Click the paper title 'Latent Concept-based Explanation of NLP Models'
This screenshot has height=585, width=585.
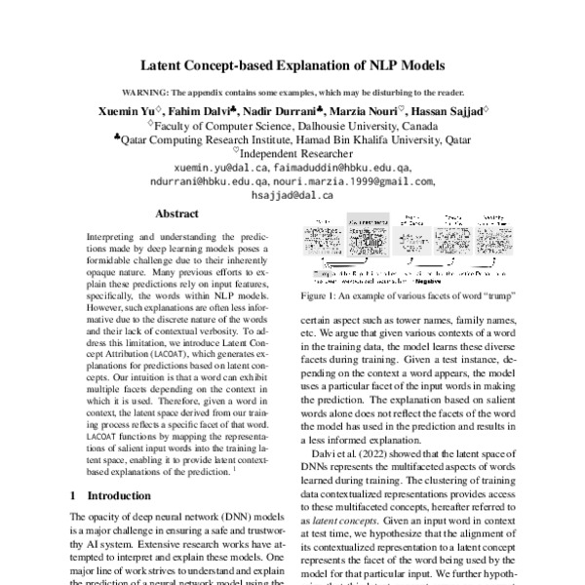tap(292, 67)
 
